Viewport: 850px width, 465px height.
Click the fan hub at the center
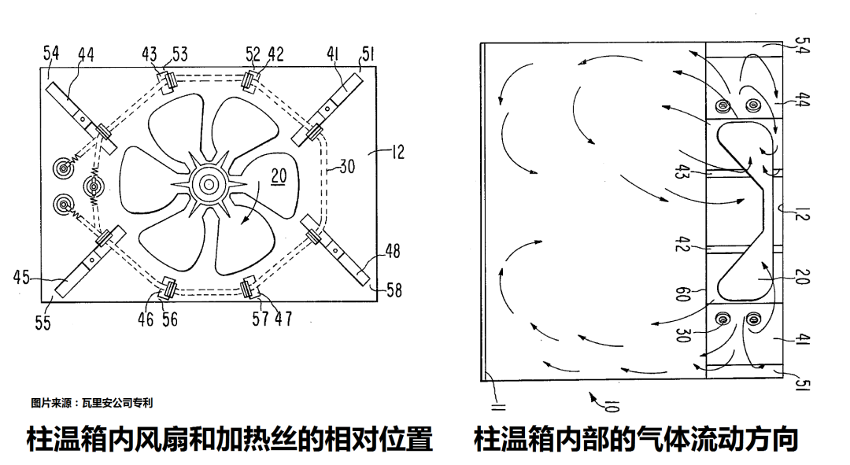point(209,184)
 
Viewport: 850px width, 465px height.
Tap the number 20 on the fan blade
point(279,176)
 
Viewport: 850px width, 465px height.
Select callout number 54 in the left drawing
point(51,54)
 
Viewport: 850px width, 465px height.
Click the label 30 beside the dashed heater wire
point(346,166)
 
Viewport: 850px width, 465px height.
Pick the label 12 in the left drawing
point(397,151)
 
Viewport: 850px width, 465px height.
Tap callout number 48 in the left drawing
point(392,251)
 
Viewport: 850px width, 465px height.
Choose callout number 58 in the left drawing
point(394,290)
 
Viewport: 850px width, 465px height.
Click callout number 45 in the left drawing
point(22,277)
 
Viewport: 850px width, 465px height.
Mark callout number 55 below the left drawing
point(42,323)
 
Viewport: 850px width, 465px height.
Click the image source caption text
point(92,403)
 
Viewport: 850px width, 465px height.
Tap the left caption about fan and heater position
point(229,439)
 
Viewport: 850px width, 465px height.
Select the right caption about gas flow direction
point(637,439)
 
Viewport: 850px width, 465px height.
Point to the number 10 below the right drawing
point(609,405)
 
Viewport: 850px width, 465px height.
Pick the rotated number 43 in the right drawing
point(682,172)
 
